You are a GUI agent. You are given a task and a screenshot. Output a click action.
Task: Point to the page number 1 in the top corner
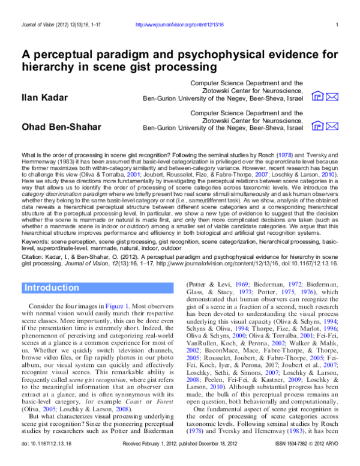click(x=338, y=25)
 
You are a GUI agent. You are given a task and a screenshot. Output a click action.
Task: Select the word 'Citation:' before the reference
click(x=35, y=256)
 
